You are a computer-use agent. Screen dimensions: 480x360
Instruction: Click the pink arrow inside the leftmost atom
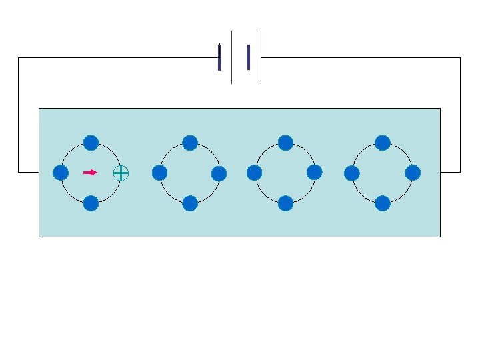pyautogui.click(x=90, y=173)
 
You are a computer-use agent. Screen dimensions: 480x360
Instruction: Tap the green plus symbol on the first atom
pyautogui.click(x=121, y=173)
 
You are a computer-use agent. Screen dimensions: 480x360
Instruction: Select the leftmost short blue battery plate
pyautogui.click(x=219, y=57)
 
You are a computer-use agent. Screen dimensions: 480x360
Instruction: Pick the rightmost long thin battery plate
pyautogui.click(x=261, y=57)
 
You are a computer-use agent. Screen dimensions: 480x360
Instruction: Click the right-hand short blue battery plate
pyautogui.click(x=249, y=57)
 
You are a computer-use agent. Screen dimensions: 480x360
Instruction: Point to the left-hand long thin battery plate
pyautogui.click(x=231, y=57)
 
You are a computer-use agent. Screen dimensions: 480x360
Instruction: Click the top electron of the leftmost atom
pyautogui.click(x=91, y=143)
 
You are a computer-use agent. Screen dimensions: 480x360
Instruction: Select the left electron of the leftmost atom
pyautogui.click(x=61, y=173)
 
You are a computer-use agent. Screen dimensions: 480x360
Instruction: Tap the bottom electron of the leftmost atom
pyautogui.click(x=91, y=203)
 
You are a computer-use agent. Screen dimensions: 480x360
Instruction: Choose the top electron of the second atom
pyautogui.click(x=190, y=143)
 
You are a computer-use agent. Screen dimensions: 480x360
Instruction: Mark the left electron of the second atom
pyautogui.click(x=159, y=173)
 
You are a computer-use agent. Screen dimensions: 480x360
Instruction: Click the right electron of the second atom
pyautogui.click(x=219, y=173)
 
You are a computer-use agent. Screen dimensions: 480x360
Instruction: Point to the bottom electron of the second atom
pyautogui.click(x=190, y=203)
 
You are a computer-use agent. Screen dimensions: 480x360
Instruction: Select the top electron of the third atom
pyautogui.click(x=285, y=143)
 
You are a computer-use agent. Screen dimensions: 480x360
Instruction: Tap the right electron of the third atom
pyautogui.click(x=315, y=173)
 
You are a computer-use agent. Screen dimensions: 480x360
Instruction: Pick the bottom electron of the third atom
pyautogui.click(x=285, y=203)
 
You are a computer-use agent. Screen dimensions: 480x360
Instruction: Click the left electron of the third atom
pyautogui.click(x=254, y=173)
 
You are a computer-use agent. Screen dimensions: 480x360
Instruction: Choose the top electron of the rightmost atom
pyautogui.click(x=383, y=143)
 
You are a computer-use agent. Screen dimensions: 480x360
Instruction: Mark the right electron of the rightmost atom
pyautogui.click(x=413, y=173)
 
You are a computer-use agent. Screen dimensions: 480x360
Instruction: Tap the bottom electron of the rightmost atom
pyautogui.click(x=383, y=203)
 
